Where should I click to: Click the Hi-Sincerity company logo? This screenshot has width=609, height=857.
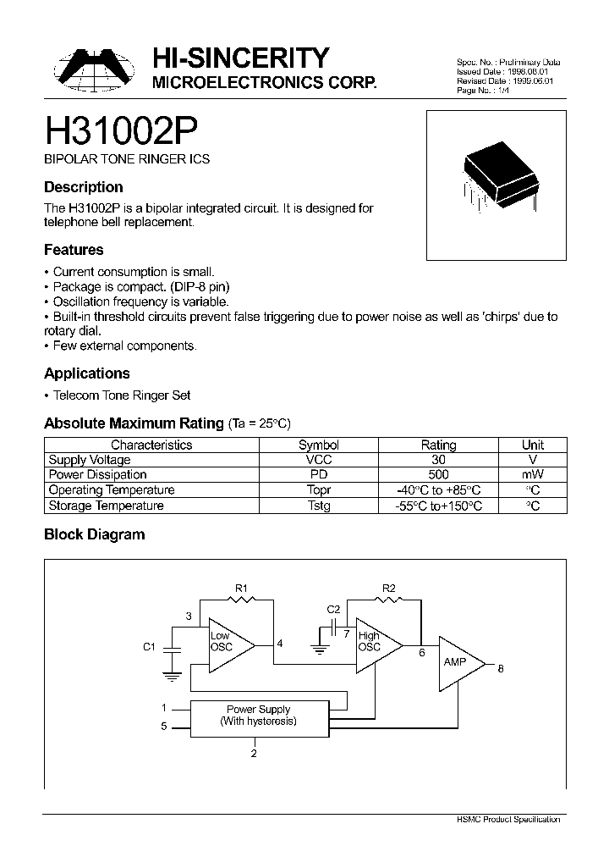coord(91,69)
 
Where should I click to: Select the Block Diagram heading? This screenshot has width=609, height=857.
coord(94,534)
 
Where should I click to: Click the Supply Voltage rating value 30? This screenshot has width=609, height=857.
coord(438,460)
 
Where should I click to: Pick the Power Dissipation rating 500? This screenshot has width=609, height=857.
coord(438,475)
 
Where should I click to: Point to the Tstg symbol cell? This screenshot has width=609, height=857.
coord(319,506)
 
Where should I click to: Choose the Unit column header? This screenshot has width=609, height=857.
coord(533,445)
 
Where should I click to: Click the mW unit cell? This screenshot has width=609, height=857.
coord(533,475)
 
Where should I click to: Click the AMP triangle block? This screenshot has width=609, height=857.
coord(457,661)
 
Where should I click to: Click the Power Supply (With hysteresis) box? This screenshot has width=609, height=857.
coord(258,716)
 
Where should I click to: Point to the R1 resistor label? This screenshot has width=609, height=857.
coord(241,587)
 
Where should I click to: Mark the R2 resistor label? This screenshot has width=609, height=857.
coord(389,587)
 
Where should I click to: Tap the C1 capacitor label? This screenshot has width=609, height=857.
coord(149,647)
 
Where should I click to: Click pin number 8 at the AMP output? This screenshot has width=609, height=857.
coord(501,669)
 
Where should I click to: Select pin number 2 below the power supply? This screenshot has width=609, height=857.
coord(254,753)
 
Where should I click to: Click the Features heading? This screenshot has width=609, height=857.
coord(74,250)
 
